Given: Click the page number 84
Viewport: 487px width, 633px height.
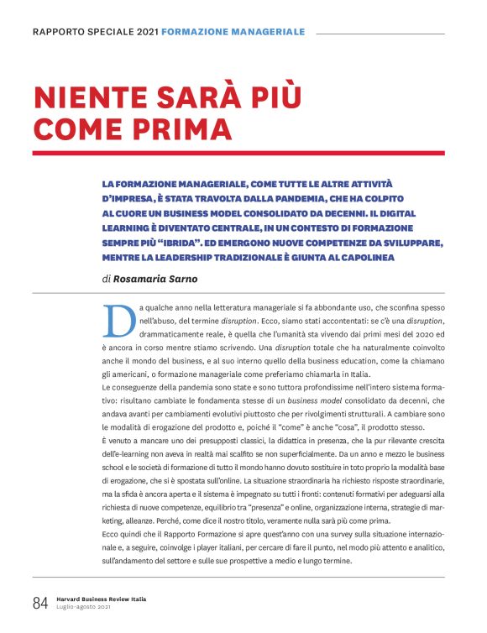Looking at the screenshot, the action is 40,604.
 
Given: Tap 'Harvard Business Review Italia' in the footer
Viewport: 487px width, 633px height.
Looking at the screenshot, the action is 101,599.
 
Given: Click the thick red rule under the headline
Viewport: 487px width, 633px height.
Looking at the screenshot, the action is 238,153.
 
